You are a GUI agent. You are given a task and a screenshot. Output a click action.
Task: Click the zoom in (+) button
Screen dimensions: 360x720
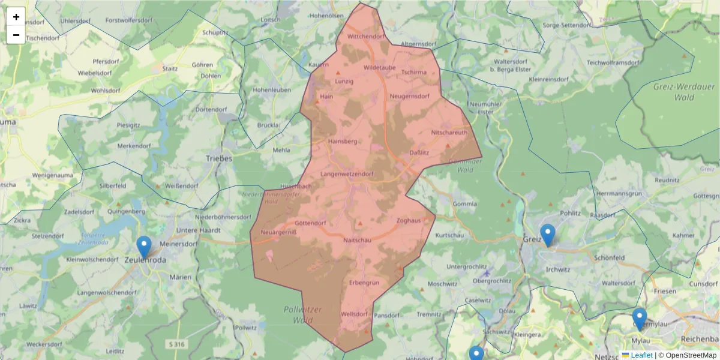point(16,17)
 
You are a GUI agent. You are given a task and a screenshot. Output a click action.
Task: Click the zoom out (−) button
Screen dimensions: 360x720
point(16,35)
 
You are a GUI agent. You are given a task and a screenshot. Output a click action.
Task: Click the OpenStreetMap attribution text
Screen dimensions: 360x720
point(691,355)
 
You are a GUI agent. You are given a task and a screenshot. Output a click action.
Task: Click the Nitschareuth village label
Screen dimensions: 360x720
point(449,133)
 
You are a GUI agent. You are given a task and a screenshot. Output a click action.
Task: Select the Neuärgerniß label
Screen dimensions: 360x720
point(279,232)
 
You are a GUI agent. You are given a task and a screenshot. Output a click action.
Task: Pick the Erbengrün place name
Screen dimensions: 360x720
point(364,282)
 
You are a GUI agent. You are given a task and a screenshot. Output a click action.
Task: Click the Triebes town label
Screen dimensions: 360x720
point(219,158)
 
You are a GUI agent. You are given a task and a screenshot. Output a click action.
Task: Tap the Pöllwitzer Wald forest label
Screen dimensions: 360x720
point(302,314)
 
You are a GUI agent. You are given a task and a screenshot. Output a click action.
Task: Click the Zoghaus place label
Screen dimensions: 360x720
point(409,221)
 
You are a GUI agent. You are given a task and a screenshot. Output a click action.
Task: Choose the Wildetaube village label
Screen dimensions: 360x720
point(379,68)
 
